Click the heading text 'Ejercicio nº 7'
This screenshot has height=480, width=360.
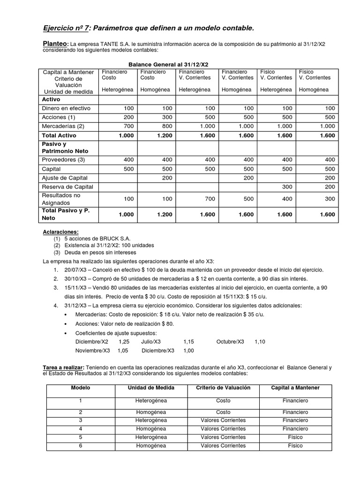(x=65, y=29)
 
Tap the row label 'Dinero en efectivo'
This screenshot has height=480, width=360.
(x=66, y=108)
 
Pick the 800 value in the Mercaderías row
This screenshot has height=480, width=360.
(x=166, y=126)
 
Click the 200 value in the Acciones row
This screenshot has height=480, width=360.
(x=128, y=117)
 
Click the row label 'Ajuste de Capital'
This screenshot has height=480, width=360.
(x=65, y=178)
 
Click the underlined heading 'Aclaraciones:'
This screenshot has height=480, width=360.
(x=61, y=232)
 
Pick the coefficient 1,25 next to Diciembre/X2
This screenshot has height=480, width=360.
(x=124, y=342)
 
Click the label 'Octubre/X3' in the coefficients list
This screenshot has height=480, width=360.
(x=230, y=342)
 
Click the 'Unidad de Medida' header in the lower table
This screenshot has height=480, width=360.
(x=151, y=388)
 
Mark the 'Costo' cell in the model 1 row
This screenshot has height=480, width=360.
(x=223, y=401)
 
